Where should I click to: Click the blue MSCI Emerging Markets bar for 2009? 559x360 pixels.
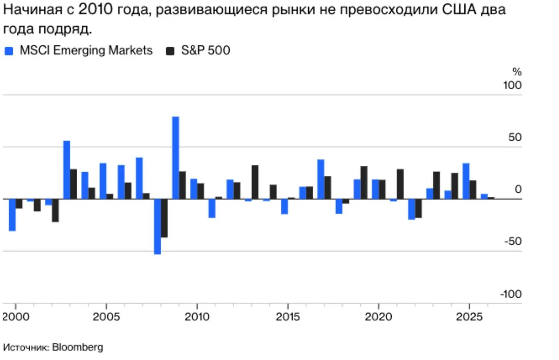pyautogui.click(x=176, y=158)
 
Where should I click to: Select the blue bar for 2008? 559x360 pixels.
pyautogui.click(x=157, y=226)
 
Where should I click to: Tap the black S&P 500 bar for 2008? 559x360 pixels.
pyautogui.click(x=164, y=218)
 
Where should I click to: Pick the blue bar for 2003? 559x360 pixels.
pyautogui.click(x=67, y=170)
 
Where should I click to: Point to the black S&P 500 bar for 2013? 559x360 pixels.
pyautogui.click(x=255, y=182)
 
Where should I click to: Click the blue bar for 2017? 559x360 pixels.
pyautogui.click(x=321, y=179)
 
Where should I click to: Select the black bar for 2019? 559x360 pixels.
pyautogui.click(x=364, y=182)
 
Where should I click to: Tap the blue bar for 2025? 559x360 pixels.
pyautogui.click(x=466, y=181)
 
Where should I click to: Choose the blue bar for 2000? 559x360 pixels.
pyautogui.click(x=12, y=215)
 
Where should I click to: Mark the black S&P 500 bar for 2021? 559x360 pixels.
pyautogui.click(x=400, y=184)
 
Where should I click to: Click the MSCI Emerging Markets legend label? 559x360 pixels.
pyautogui.click(x=86, y=51)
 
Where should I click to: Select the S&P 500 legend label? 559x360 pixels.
pyautogui.click(x=205, y=51)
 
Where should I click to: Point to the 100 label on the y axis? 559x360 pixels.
pyautogui.click(x=512, y=85)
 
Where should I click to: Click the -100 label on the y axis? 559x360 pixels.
pyautogui.click(x=511, y=294)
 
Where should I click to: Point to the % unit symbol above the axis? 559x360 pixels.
pyautogui.click(x=517, y=72)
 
